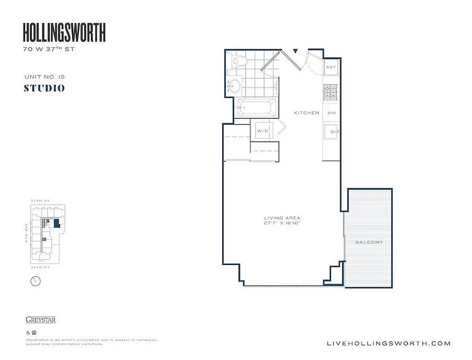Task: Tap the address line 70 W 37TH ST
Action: click(49, 49)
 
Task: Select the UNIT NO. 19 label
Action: click(45, 77)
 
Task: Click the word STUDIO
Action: click(44, 88)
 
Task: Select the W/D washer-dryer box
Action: click(262, 130)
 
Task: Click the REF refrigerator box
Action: click(331, 67)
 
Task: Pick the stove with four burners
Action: click(331, 92)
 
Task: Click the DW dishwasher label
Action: click(331, 113)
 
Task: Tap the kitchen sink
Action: click(331, 132)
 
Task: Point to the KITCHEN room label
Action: click(306, 113)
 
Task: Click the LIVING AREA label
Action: click(282, 218)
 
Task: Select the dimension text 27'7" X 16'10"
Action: click(282, 223)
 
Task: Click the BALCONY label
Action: click(369, 242)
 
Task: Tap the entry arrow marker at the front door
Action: click(295, 51)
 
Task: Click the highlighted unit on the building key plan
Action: click(56, 223)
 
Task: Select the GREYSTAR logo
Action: click(40, 320)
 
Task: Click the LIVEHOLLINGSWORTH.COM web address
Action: click(388, 343)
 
